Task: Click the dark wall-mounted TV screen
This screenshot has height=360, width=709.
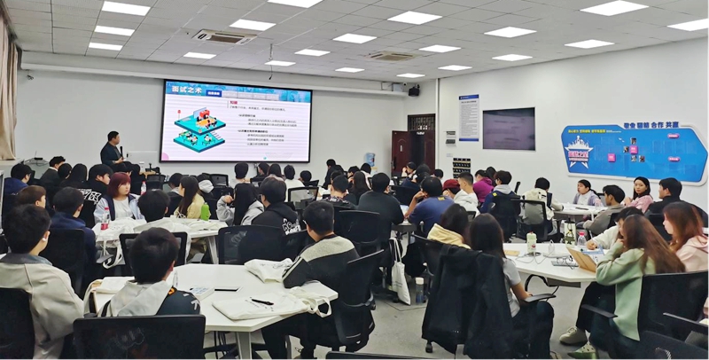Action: click(508, 129)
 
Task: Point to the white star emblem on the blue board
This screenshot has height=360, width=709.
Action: click(579, 151)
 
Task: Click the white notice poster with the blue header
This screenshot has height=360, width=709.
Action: click(469, 117)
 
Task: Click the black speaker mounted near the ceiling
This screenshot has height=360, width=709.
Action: click(414, 90)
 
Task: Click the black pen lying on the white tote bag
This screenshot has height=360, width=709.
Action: click(262, 301)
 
